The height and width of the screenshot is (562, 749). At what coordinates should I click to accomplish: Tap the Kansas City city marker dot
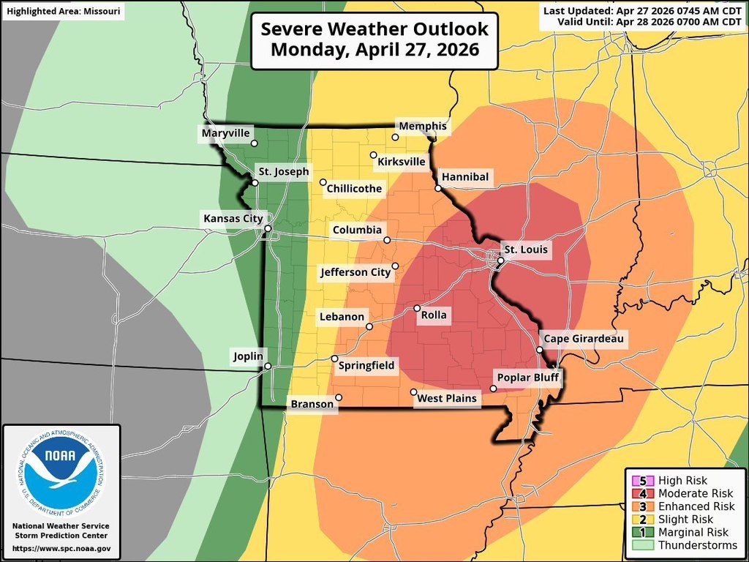tap(268, 229)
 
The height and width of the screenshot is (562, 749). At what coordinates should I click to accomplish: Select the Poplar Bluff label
tap(525, 378)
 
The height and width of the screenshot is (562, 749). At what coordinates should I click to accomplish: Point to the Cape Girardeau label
tap(583, 339)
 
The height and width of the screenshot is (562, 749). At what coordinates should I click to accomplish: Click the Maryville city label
tap(226, 133)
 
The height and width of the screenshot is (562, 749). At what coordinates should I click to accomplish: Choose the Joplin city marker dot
tap(268, 366)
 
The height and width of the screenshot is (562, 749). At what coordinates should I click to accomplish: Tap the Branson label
tap(312, 404)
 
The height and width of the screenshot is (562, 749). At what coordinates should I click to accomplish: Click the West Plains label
tap(446, 399)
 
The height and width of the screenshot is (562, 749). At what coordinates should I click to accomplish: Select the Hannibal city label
tap(464, 177)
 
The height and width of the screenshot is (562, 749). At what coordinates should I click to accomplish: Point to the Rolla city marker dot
tap(417, 308)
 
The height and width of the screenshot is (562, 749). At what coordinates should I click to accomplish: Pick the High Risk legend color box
tap(643, 481)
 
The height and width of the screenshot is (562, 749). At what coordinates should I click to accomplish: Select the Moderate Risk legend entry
tap(684, 494)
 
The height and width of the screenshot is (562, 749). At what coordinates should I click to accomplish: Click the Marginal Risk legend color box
tap(643, 533)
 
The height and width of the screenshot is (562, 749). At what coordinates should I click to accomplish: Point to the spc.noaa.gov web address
tap(61, 548)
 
